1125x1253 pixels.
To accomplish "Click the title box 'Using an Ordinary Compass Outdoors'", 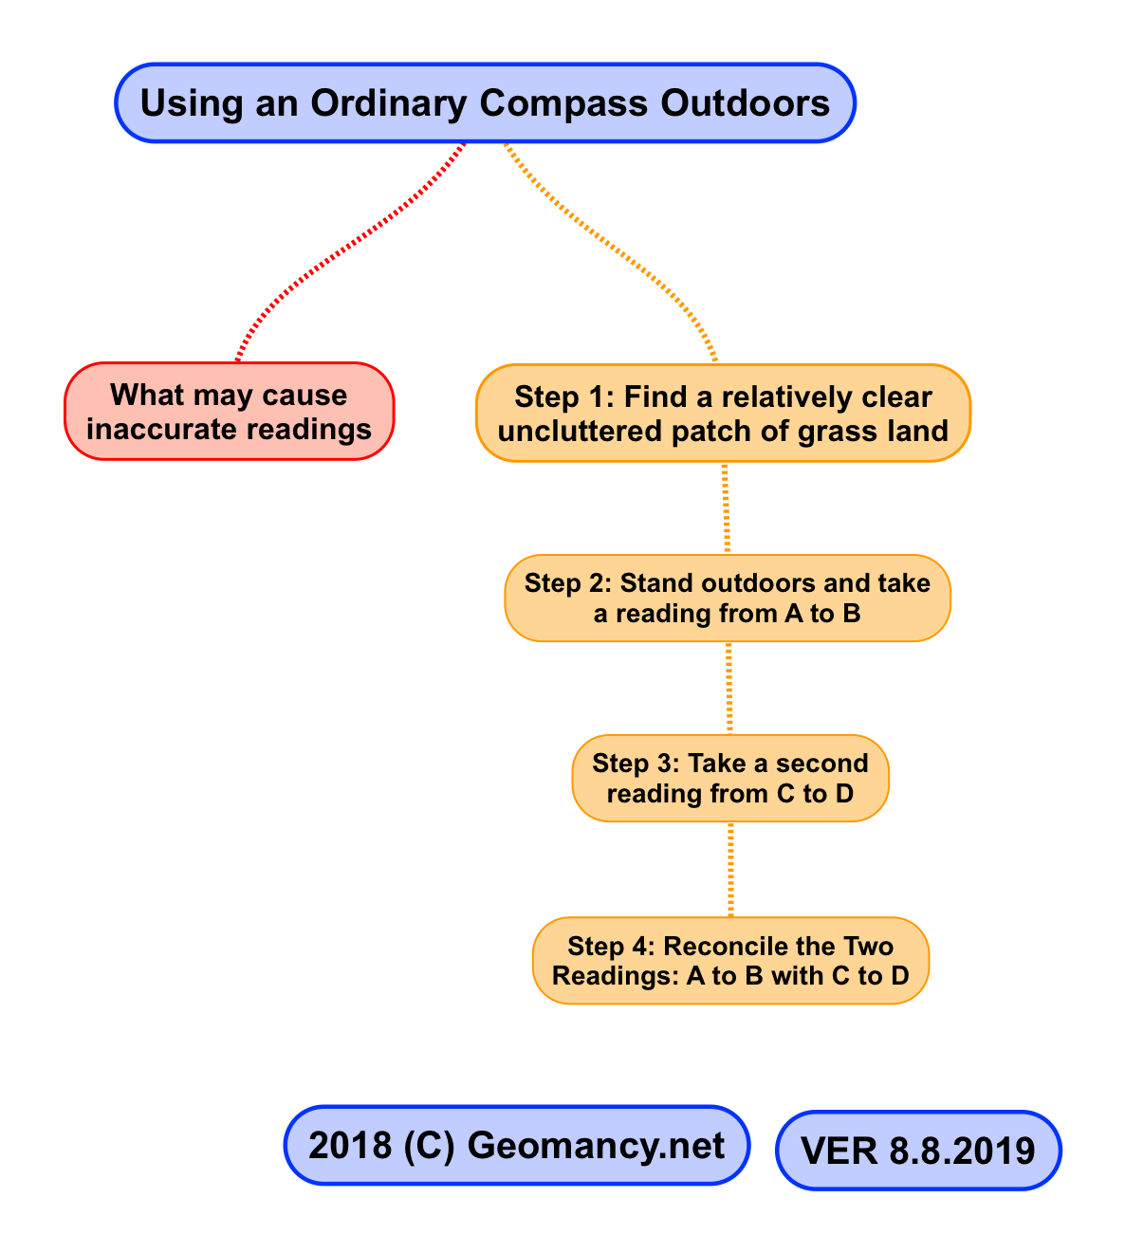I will coord(485,103).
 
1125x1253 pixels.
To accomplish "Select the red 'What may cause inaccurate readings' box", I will coord(229,412).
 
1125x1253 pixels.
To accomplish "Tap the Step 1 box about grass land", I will coord(723,414).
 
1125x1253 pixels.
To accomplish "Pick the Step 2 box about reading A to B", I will coord(727,598).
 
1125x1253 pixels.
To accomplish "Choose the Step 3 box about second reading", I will coord(729,778).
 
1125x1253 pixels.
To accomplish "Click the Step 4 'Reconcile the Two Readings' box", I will coord(730,960).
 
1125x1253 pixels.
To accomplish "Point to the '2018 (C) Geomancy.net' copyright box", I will coord(517,1145).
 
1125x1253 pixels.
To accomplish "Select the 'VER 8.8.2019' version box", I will coord(917,1150).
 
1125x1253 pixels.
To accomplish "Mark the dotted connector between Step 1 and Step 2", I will coord(727,508).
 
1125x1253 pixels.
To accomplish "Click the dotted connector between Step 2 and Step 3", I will coord(729,688).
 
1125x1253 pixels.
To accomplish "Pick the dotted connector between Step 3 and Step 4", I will coord(730,869).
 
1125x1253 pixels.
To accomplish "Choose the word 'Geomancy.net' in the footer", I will coord(596,1146).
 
